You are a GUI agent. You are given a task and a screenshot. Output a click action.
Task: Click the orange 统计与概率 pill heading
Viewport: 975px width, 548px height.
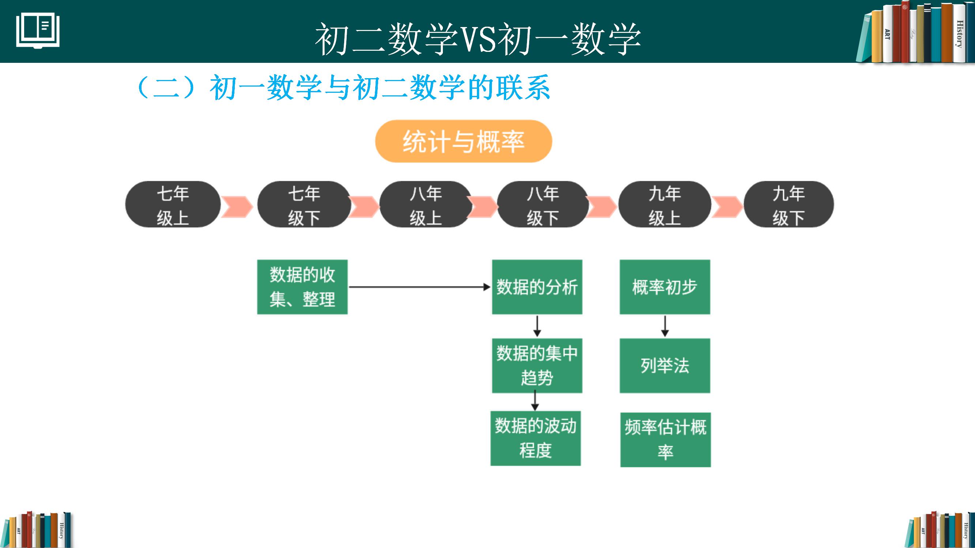[x=463, y=141]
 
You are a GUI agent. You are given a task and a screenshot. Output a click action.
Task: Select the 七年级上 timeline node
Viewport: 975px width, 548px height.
[x=173, y=205]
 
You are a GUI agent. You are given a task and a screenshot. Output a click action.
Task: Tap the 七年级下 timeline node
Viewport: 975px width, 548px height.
[x=304, y=205]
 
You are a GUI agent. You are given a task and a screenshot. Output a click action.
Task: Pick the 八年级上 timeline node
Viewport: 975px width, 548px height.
[x=426, y=205]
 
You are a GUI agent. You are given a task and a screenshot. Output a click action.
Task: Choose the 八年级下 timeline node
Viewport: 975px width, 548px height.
[x=543, y=205]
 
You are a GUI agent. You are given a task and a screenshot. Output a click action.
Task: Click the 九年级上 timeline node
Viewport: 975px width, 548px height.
[x=665, y=205]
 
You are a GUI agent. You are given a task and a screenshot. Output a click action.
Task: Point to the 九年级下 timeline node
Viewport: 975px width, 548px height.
[x=789, y=205]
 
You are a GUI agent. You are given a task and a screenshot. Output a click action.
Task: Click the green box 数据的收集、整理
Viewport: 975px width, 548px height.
[x=302, y=287]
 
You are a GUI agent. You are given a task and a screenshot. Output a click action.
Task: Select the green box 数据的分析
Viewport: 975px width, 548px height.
[x=537, y=287]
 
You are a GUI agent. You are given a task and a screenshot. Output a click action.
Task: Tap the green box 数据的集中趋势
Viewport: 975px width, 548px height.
[x=537, y=366]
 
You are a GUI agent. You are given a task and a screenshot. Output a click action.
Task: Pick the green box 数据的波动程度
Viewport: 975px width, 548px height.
[x=535, y=438]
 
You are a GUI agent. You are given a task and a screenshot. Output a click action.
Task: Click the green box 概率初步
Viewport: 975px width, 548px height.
[x=665, y=287]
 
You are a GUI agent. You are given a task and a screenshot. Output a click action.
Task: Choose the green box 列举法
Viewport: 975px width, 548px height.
[x=665, y=366]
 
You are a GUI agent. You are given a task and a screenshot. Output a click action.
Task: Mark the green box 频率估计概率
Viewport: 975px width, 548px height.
[x=665, y=440]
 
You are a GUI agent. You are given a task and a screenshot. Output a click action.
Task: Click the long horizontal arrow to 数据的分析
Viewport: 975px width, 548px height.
[x=419, y=287]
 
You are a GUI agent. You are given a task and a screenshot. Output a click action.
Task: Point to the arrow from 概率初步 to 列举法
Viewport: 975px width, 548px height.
[x=665, y=326]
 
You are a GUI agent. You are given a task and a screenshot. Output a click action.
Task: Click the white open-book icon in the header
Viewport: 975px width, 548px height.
[x=38, y=31]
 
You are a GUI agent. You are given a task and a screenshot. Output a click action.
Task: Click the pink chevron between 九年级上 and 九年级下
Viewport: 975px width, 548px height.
[x=727, y=207]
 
